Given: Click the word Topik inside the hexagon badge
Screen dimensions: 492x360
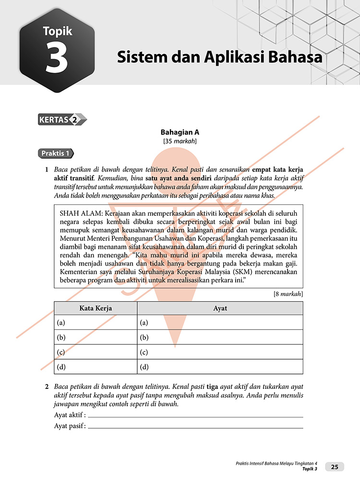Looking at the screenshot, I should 58,31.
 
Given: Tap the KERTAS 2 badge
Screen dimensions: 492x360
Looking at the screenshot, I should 62,120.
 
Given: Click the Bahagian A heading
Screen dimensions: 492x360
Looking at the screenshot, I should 180,132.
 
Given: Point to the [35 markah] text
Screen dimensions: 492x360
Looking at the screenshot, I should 180,141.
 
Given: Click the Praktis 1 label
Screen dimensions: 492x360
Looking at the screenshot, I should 56,154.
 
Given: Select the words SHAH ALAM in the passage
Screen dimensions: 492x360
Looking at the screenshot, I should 80,212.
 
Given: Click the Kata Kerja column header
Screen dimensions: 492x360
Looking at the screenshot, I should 96,308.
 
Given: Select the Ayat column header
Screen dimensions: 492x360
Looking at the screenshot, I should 220,308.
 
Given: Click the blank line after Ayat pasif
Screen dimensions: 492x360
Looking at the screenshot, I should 196,426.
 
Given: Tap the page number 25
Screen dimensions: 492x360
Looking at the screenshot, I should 335,467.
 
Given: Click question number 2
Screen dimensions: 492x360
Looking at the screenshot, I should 47,386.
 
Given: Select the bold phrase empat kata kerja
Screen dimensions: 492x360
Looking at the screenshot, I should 278,170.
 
